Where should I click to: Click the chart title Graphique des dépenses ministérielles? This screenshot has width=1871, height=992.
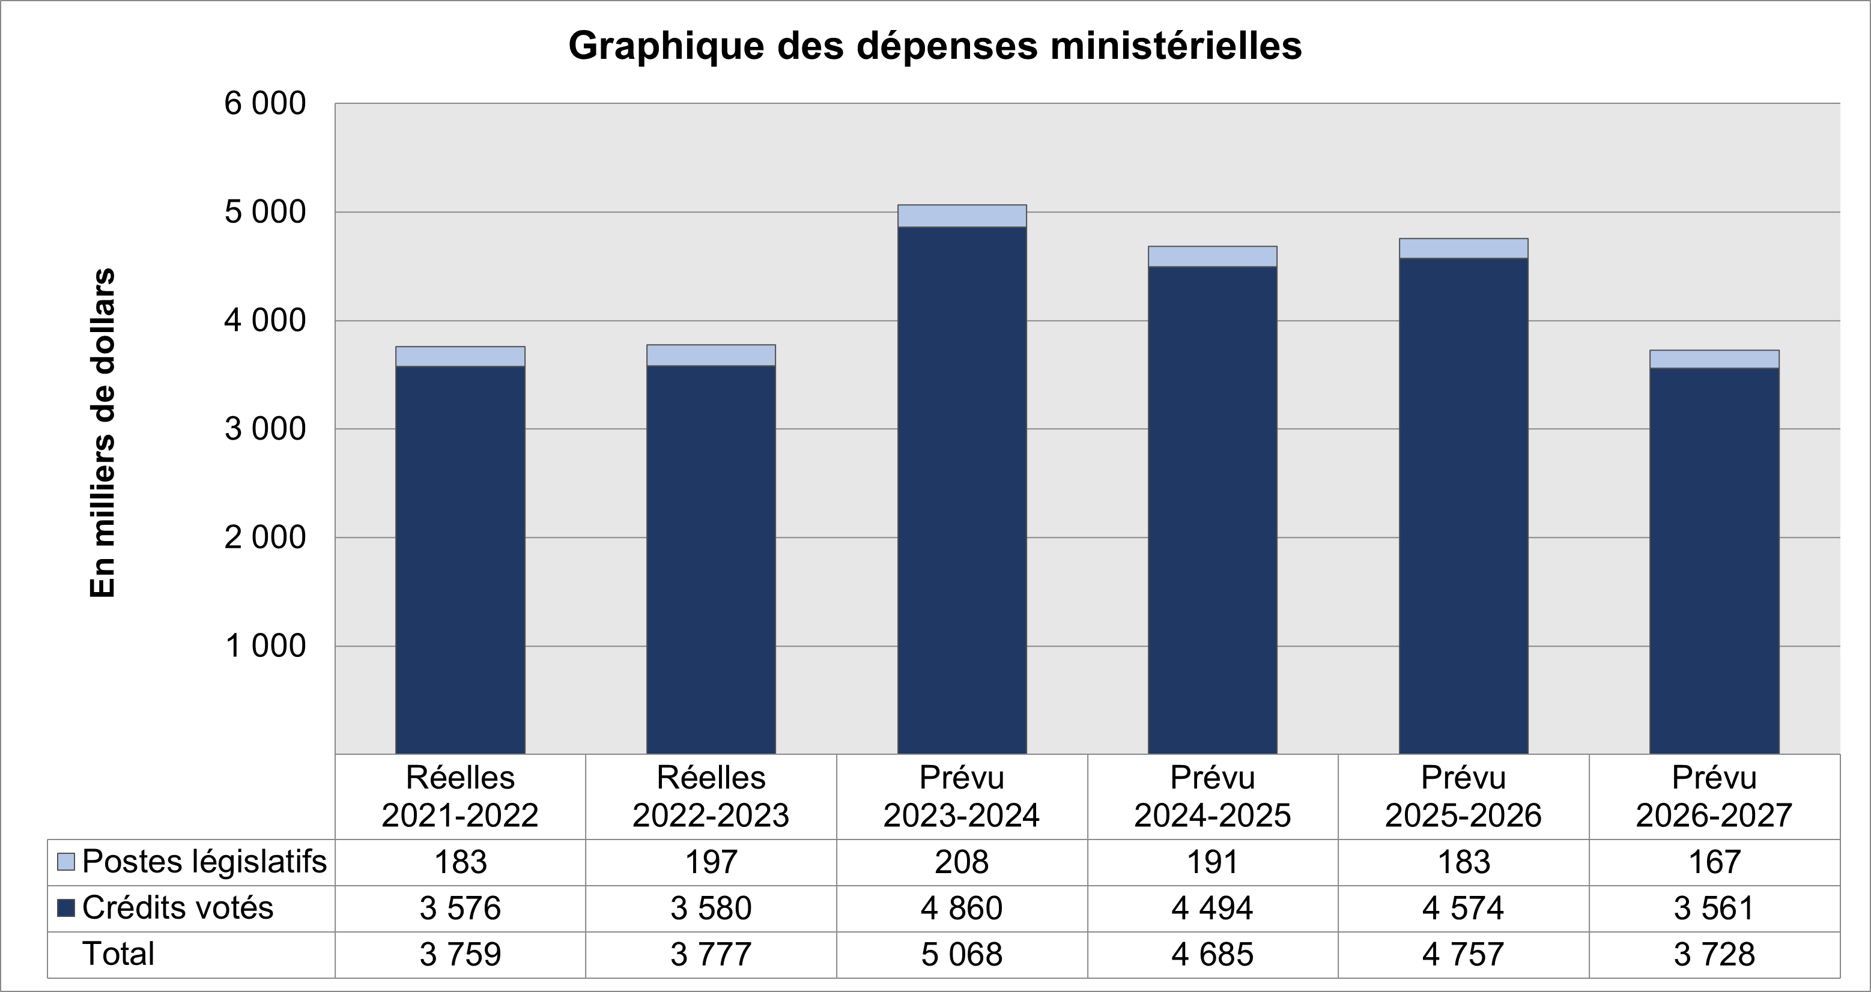coord(935,46)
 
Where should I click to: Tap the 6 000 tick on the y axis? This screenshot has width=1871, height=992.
coord(265,104)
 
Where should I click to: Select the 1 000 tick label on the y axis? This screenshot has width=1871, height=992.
coord(265,646)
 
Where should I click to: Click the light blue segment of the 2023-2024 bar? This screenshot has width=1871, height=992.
coord(962,216)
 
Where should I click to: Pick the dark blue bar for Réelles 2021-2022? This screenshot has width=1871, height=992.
coord(459,559)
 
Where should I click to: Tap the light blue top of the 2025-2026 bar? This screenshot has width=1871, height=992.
coord(1464,249)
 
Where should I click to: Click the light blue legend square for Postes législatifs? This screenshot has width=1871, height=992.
coord(66,862)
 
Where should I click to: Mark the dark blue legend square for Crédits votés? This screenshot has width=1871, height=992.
coord(66,908)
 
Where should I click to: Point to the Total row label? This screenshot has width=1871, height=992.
coord(118,954)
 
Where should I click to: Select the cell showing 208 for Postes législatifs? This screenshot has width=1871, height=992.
coord(962,862)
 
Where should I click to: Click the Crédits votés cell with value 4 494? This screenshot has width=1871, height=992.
coord(1212,908)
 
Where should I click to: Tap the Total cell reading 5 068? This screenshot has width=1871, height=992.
coord(962,954)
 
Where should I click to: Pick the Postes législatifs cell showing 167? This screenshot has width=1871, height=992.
coord(1714,862)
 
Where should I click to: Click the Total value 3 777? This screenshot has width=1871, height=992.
coord(711,954)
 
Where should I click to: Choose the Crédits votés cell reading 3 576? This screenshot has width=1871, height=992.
coord(459,908)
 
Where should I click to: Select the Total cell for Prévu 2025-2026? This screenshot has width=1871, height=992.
coord(1464,954)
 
